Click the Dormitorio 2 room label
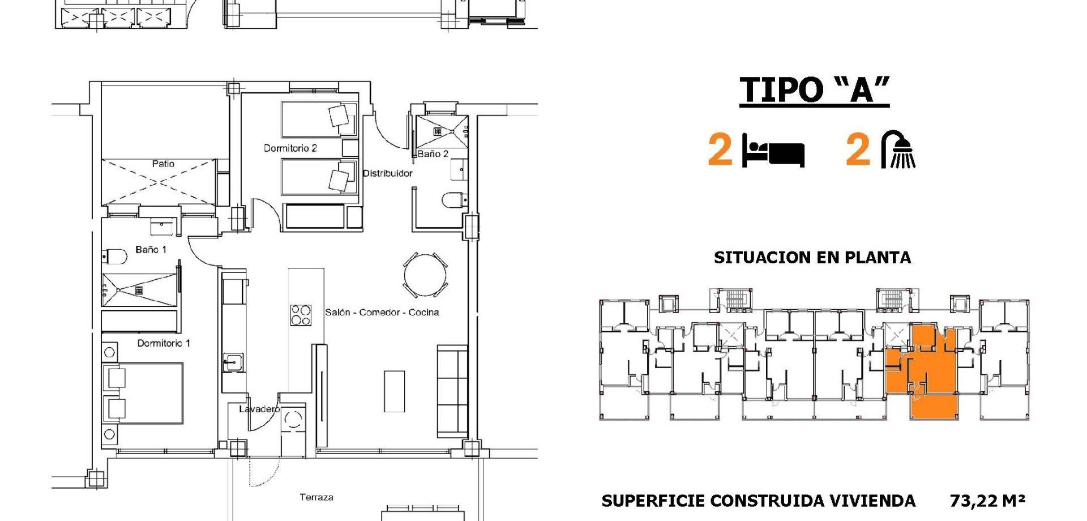(290, 148)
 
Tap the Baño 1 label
(151, 250)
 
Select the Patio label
(163, 164)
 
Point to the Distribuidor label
(388, 173)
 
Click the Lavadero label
(259, 409)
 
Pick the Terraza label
(316, 497)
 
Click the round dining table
(425, 275)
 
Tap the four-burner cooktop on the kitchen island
(301, 315)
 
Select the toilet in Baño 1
(115, 257)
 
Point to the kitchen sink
(233, 362)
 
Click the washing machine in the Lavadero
(293, 420)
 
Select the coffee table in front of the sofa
(395, 391)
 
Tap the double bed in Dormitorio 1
(143, 394)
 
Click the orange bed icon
(773, 151)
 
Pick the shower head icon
(898, 150)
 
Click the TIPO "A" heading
(814, 90)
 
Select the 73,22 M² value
(987, 501)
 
